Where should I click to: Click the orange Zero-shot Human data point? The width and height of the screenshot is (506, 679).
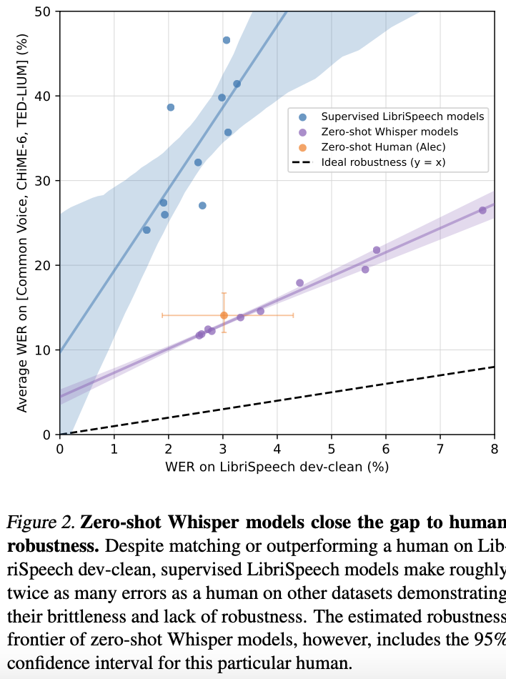[x=224, y=315]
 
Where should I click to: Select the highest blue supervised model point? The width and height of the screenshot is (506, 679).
[x=227, y=40]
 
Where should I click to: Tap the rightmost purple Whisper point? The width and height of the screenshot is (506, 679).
[x=482, y=210]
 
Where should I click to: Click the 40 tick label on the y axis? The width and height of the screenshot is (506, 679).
[x=42, y=96]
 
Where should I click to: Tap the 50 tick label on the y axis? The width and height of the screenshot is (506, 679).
[x=42, y=11]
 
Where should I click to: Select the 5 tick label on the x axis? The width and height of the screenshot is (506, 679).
[x=331, y=449]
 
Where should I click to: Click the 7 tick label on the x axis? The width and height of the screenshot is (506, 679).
[x=440, y=449]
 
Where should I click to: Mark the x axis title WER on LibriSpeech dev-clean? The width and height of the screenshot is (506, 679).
[x=277, y=467]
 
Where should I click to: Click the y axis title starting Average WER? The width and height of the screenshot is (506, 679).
[x=21, y=222]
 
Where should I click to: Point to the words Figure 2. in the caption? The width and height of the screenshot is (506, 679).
[x=41, y=522]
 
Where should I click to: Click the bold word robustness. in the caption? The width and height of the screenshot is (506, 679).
[x=53, y=546]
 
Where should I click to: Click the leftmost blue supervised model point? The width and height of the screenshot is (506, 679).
[x=147, y=230]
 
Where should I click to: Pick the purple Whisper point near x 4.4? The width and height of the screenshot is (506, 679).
[x=299, y=283]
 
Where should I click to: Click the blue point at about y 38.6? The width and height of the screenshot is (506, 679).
[x=171, y=107]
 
